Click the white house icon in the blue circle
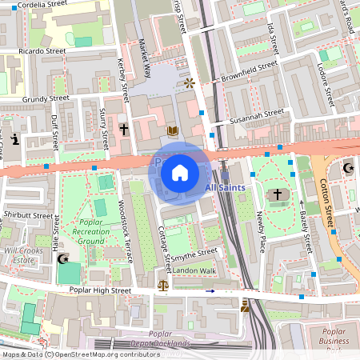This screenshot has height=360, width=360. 180,172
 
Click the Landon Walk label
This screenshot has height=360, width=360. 194,270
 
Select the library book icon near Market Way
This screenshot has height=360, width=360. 172,130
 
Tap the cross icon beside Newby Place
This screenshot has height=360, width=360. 278,194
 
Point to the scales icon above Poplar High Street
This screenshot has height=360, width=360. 163,284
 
